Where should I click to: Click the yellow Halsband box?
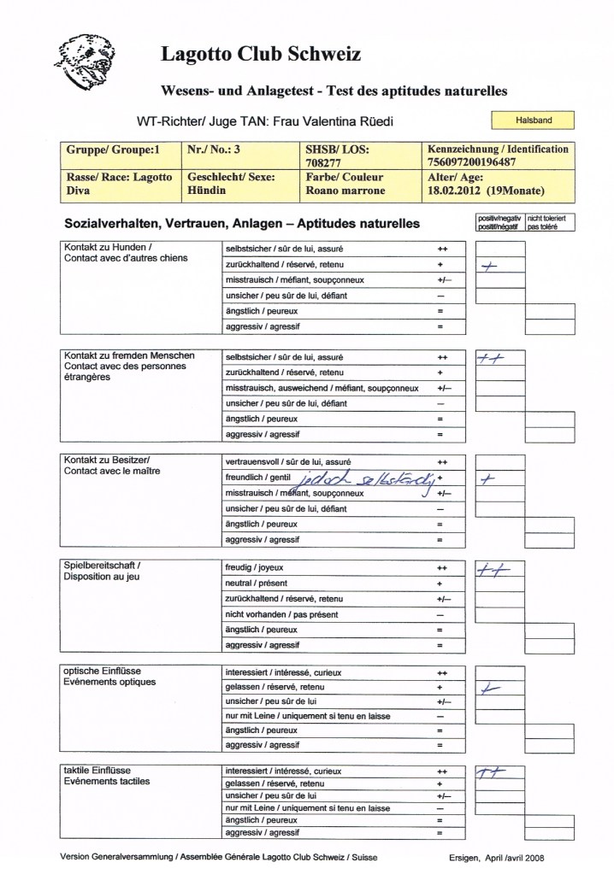532,120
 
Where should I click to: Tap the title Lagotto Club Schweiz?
260,56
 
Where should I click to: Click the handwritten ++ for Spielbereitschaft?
493,570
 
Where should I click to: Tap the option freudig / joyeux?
253,567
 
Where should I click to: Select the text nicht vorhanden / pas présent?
282,615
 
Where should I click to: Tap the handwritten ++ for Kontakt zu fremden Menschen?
492,358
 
